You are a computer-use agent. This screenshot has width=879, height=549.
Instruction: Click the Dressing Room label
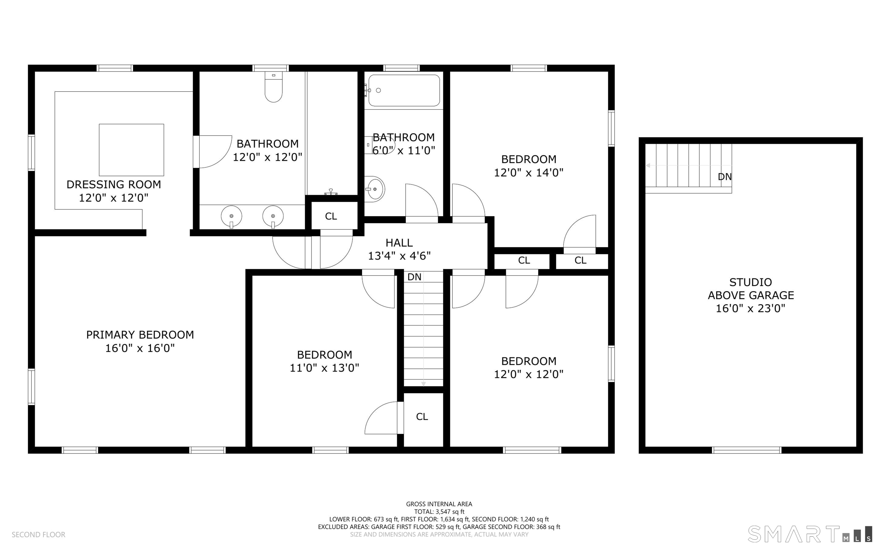click(x=114, y=185)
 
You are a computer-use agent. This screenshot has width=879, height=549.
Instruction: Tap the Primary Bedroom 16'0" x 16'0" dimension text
click(x=140, y=348)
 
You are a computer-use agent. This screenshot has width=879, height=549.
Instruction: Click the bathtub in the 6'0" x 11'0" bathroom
click(x=404, y=90)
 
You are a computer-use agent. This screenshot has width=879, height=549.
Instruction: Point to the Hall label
click(x=399, y=243)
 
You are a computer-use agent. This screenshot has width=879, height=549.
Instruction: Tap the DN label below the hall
click(x=414, y=277)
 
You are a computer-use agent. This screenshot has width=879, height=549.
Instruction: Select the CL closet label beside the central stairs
click(x=422, y=417)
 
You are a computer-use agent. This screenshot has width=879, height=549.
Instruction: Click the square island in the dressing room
click(x=131, y=150)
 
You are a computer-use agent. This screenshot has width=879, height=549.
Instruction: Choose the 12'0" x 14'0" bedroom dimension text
click(x=529, y=173)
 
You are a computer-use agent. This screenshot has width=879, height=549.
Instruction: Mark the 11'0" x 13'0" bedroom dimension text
click(x=324, y=368)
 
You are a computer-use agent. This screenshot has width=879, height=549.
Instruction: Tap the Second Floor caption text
click(x=39, y=534)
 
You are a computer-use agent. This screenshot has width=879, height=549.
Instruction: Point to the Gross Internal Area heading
click(x=439, y=504)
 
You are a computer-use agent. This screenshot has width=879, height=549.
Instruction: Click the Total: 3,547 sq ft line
click(x=439, y=512)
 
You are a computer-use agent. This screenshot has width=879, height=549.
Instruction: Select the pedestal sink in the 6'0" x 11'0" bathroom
click(x=374, y=189)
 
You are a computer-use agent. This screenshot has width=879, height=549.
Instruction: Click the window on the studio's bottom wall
click(x=747, y=450)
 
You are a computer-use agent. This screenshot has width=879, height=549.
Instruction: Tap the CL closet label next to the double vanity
click(x=331, y=216)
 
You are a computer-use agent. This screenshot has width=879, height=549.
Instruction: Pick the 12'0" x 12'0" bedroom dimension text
click(x=529, y=374)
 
